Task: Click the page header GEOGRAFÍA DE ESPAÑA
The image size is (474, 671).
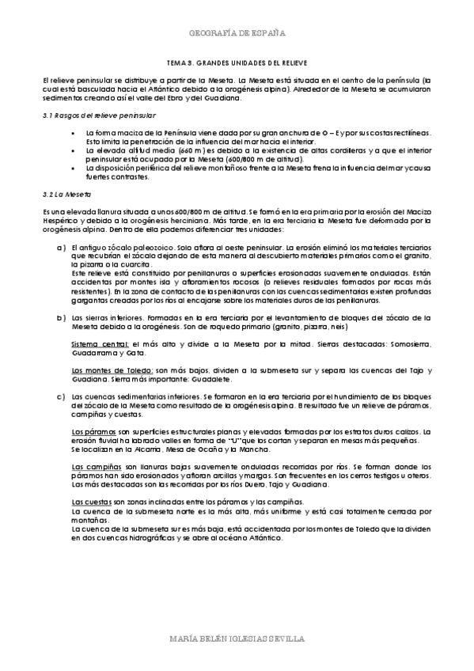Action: click(237, 34)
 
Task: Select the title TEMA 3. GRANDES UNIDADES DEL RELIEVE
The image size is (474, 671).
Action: click(238, 62)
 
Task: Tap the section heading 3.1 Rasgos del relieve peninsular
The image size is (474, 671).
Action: click(89, 116)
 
